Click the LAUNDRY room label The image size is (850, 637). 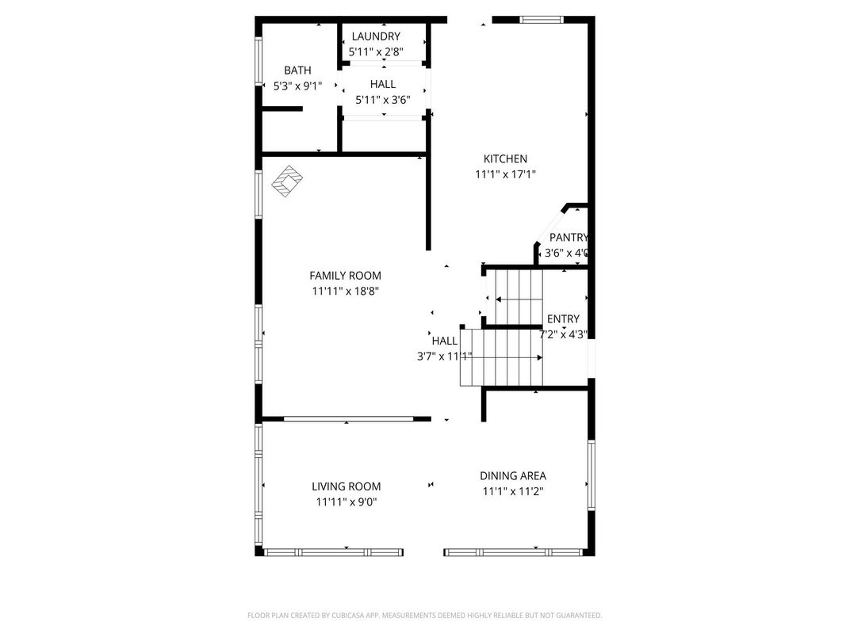(x=376, y=36)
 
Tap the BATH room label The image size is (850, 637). (x=297, y=71)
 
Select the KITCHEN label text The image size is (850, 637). (x=505, y=158)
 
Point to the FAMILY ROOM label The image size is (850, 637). (x=346, y=275)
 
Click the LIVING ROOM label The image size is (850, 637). (x=347, y=486)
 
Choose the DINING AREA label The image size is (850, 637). (x=513, y=475)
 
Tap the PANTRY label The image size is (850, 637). (x=569, y=237)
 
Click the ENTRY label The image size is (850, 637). (x=563, y=319)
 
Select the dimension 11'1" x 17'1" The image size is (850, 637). (x=506, y=174)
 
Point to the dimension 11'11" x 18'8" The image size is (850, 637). (x=346, y=292)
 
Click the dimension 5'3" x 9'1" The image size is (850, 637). (x=297, y=86)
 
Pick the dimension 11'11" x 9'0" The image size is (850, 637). (x=347, y=502)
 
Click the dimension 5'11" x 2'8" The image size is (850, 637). (x=376, y=52)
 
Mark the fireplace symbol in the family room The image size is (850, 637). (x=287, y=181)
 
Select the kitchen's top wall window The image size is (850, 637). (x=542, y=20)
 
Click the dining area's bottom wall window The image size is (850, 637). (x=513, y=552)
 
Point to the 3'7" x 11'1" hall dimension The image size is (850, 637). (x=445, y=357)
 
